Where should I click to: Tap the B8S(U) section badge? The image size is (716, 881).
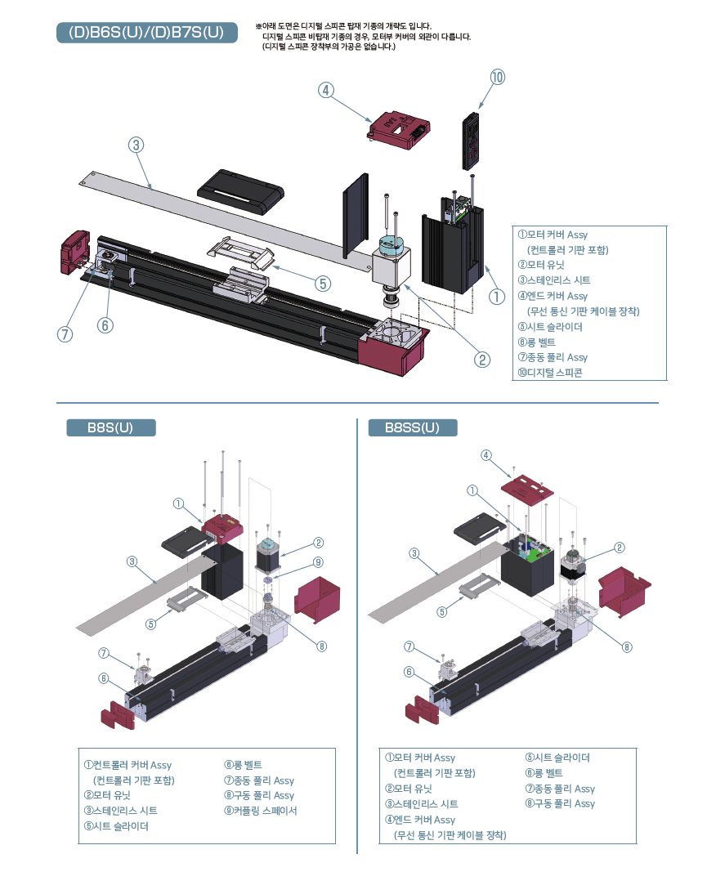[x=110, y=427]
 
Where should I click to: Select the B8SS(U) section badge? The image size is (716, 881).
[x=413, y=427]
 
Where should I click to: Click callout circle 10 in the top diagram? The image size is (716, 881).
[x=498, y=77]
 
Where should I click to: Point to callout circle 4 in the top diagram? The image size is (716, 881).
[x=325, y=91]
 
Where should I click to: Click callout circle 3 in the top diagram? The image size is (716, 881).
[x=136, y=145]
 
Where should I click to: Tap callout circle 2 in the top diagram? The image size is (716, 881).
[x=483, y=359]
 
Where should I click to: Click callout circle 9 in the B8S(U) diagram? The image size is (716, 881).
[x=318, y=562]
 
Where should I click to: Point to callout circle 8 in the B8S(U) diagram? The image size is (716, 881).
[x=321, y=646]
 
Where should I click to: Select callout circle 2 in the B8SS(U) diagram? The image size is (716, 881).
[x=620, y=548]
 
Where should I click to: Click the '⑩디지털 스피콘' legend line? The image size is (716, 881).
[x=553, y=373]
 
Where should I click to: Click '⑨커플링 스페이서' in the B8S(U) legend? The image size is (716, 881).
[x=261, y=811]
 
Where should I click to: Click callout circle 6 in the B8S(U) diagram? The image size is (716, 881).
[x=104, y=678]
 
